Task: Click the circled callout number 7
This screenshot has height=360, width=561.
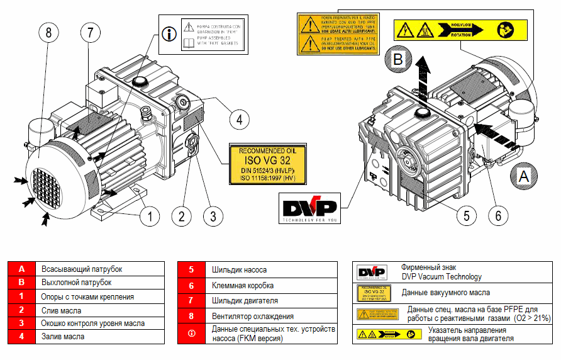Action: (x=91, y=33)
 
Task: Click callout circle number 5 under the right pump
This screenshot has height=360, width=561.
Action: (x=466, y=215)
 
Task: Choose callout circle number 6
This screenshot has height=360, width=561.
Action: (x=498, y=215)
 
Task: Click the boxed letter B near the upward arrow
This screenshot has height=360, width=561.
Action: (x=398, y=60)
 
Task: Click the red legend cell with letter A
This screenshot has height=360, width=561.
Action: (x=21, y=269)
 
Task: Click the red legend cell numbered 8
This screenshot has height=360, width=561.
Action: (x=191, y=316)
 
